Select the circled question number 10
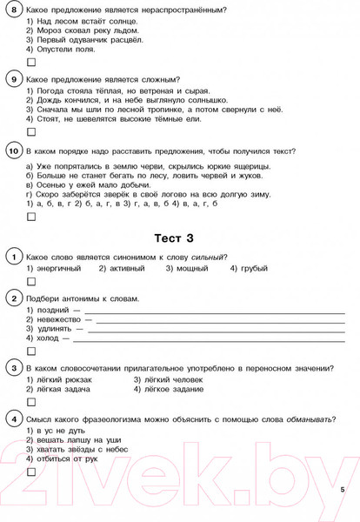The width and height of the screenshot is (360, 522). tap(12, 151)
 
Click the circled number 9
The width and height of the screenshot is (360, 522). tap(12, 80)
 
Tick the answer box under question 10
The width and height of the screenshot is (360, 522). tap(31, 216)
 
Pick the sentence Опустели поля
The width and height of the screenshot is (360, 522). tap(61, 49)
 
